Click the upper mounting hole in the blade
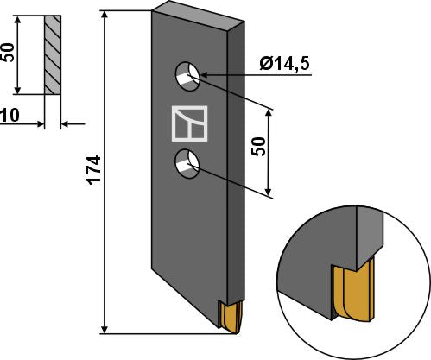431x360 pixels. coord(188,76)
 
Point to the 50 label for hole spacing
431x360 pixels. coord(257,148)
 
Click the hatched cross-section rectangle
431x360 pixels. coord(51,55)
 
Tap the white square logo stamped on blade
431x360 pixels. coord(189,122)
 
